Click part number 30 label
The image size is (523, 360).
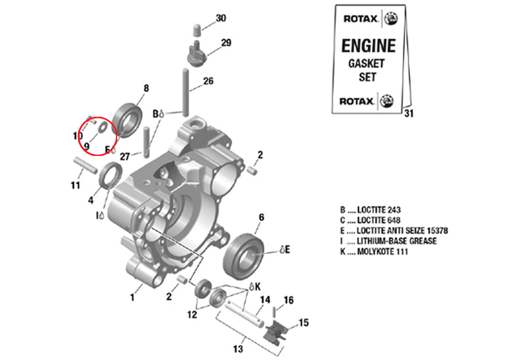click(221, 18)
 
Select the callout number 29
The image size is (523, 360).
click(226, 43)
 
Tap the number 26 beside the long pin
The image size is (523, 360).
click(208, 81)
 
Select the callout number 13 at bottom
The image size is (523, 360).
click(238, 349)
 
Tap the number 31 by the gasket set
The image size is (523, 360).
click(408, 114)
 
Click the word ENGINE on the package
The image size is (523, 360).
click(368, 46)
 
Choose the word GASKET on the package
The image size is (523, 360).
click(366, 64)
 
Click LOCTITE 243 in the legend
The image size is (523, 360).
click(379, 210)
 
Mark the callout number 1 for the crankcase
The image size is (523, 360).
click(132, 297)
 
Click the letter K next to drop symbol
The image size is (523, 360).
click(257, 286)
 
